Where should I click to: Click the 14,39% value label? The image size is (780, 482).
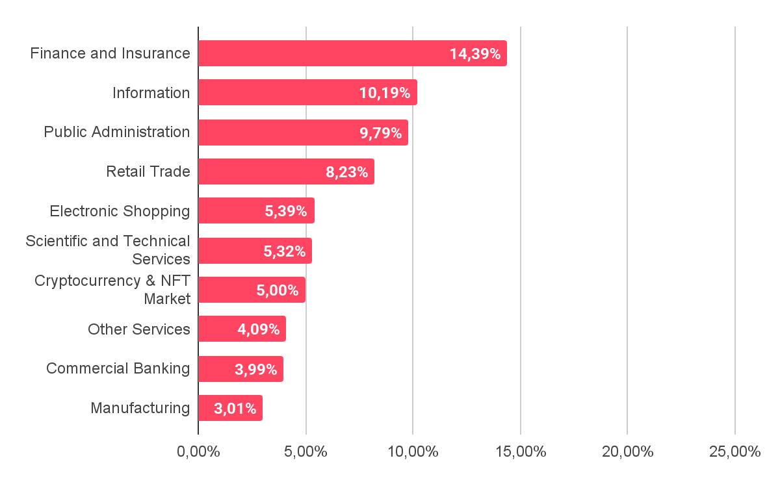click(x=474, y=54)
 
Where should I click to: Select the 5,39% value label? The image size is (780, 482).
click(x=286, y=211)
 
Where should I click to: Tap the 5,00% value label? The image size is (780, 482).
click(x=278, y=290)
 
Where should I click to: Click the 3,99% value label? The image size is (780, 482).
click(x=255, y=370)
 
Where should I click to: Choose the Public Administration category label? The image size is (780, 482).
click(x=117, y=132)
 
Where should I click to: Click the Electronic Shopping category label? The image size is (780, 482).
click(x=120, y=211)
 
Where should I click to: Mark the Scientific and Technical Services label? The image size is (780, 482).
click(x=108, y=250)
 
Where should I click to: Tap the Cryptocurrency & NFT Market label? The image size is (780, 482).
click(x=112, y=290)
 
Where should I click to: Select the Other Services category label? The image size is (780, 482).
click(x=139, y=329)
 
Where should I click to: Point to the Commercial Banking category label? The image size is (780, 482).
click(x=118, y=369)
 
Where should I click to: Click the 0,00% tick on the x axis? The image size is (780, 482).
click(x=198, y=451)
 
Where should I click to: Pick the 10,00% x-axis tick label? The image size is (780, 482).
click(x=413, y=451)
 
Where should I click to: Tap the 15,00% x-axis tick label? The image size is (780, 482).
click(x=520, y=451)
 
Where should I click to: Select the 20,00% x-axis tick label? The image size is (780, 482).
click(x=627, y=451)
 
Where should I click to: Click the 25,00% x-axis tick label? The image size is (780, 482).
click(x=734, y=451)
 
